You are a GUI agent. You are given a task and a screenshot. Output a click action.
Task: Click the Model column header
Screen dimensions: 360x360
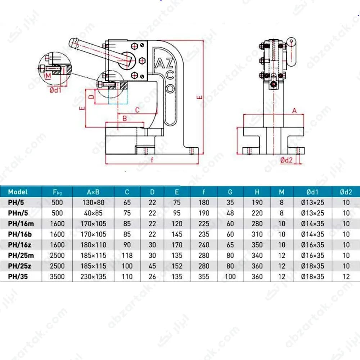click(18, 192)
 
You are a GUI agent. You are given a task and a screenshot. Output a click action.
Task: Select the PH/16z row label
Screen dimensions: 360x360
click(19, 245)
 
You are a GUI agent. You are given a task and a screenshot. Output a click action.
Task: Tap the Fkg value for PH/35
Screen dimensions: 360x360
click(57, 276)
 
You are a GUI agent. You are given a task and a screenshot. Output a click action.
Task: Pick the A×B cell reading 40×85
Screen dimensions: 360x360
click(94, 213)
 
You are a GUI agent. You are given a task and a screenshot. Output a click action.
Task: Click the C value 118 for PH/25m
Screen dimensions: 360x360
click(127, 256)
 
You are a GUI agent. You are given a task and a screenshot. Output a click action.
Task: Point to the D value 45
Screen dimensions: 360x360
click(152, 266)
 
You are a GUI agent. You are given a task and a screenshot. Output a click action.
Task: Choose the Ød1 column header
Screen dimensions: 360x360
click(312, 192)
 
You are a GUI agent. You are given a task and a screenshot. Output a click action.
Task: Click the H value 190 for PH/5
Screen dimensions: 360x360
click(257, 202)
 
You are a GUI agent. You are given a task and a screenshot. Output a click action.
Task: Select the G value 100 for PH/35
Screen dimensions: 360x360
click(230, 276)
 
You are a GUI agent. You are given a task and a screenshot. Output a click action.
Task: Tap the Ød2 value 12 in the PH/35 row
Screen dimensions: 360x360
click(346, 276)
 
